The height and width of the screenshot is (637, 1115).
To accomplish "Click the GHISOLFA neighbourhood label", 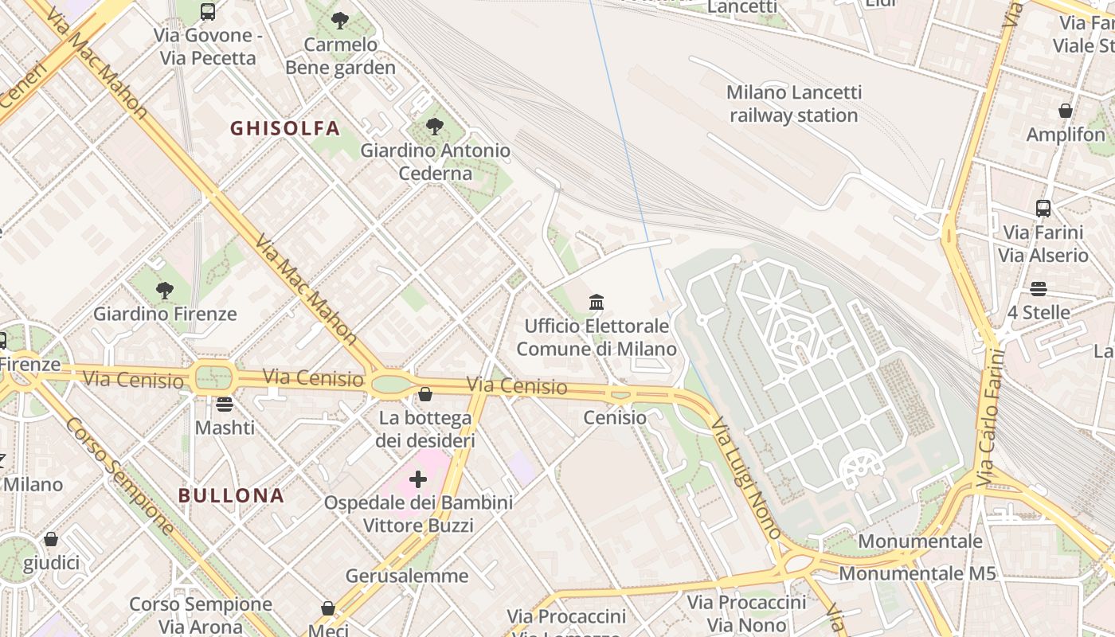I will coord(285,128).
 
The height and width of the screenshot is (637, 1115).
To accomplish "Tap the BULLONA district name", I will coord(231,495).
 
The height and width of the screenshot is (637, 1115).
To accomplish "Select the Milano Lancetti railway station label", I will coord(793,104).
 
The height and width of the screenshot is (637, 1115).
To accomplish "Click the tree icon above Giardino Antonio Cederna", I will coord(435,126).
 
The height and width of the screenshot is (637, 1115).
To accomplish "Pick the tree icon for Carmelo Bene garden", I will coord(340,20).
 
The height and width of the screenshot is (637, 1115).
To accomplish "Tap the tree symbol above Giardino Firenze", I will coord(165,290).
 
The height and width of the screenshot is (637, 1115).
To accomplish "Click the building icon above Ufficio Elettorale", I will coord(597,302).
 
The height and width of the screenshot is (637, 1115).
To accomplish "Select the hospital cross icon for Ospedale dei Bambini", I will coord(418,479).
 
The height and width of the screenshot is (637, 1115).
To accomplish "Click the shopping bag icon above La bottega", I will coord(425,394).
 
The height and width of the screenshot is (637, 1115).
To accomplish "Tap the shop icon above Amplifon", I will coord(1066,111).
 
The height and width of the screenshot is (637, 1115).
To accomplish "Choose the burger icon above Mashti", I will coord(225,404).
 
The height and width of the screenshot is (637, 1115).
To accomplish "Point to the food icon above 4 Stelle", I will coord(1039,288).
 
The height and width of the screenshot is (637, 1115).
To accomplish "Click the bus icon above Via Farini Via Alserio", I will coord(1043,209).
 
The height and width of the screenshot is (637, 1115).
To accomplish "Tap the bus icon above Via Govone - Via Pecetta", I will coord(208,11).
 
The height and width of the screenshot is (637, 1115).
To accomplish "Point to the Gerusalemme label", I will coord(407,576).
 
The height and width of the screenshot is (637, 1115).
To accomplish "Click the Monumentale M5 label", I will coord(917,573).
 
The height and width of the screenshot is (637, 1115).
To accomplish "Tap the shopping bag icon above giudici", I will coord(51,539).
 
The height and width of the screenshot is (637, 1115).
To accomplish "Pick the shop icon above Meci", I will coord(328,608).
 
